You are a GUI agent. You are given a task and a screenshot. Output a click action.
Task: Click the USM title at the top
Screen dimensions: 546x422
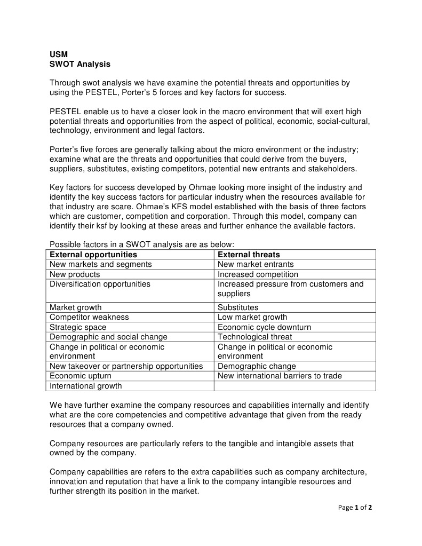(59, 54)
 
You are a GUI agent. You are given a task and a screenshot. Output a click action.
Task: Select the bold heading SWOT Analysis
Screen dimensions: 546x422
(80, 64)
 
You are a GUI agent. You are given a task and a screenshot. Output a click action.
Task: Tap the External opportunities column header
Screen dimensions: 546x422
(93, 255)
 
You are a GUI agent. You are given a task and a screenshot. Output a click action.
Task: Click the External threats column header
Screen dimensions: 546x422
(249, 255)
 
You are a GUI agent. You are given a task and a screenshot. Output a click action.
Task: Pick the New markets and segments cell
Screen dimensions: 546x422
(101, 264)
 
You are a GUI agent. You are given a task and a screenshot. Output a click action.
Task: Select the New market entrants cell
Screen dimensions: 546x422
(256, 264)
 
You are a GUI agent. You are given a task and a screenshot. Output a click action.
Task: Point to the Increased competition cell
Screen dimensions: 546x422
(258, 274)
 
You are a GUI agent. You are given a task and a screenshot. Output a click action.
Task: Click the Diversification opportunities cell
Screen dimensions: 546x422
(100, 284)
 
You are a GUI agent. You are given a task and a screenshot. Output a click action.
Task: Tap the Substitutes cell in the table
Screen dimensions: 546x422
(238, 307)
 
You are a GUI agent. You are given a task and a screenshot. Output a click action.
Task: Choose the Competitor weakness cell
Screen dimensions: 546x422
(89, 317)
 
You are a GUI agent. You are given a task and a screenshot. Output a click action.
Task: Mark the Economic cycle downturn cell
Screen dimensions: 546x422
(265, 327)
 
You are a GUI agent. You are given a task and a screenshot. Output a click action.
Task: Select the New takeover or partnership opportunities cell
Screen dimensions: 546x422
(126, 366)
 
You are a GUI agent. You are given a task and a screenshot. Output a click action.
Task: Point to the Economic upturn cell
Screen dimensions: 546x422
(81, 376)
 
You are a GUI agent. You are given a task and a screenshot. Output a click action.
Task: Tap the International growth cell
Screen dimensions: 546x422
(86, 386)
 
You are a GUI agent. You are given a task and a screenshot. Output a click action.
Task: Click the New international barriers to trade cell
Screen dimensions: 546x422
(280, 376)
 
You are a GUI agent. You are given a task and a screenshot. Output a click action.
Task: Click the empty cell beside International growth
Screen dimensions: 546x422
(294, 386)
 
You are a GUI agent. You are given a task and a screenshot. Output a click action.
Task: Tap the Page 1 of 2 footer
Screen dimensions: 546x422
(355, 508)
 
